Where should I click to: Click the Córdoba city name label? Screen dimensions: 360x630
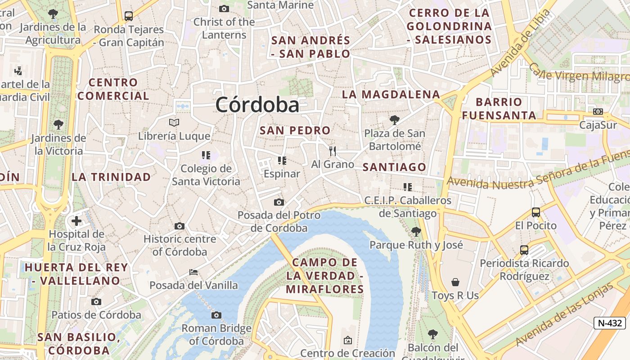point(257,105)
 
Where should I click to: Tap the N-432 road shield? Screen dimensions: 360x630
point(609,323)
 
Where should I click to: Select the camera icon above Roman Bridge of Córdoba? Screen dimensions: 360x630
point(216,315)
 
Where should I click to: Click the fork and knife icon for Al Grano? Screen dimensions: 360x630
point(333,151)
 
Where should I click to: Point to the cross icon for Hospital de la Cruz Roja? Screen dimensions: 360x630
point(76,221)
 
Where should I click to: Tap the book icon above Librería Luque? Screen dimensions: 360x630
point(174,122)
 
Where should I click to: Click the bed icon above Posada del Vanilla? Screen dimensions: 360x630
point(193,272)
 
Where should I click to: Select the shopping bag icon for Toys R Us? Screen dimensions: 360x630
point(455,282)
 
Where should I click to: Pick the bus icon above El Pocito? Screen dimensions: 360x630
point(535,212)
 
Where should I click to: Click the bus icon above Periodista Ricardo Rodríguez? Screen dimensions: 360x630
point(524,250)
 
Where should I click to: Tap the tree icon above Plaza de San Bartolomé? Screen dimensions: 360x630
point(395,120)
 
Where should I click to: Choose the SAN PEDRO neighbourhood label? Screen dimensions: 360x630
point(295,130)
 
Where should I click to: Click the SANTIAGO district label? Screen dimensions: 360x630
point(394,167)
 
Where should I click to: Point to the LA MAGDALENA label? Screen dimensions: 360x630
point(391,94)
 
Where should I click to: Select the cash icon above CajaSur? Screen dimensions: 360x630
point(598,112)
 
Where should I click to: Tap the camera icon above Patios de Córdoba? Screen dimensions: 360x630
point(96,301)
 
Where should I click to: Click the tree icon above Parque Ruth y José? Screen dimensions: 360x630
point(416,232)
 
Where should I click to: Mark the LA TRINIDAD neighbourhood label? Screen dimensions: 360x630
point(111,177)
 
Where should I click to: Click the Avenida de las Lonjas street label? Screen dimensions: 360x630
point(565,315)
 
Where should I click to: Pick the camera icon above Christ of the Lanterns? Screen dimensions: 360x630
point(224,9)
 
